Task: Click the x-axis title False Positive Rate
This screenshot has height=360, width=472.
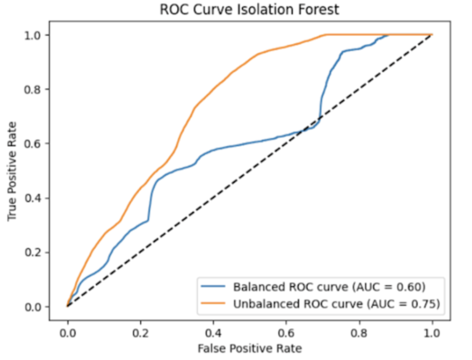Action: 249,348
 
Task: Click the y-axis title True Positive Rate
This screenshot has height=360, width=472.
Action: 12,170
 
